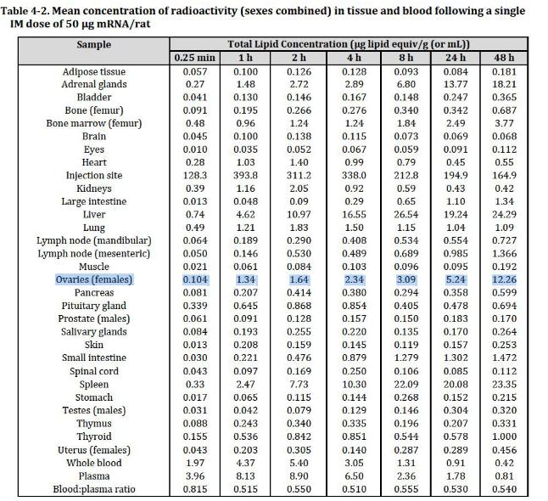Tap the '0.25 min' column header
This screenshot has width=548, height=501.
tap(195, 58)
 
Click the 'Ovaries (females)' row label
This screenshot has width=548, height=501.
tap(94, 279)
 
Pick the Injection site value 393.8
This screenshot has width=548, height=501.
tap(245, 175)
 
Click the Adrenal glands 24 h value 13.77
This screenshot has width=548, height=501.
tap(458, 84)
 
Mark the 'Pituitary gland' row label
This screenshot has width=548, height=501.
tap(94, 305)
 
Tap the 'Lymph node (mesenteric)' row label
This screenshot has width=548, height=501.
tap(94, 253)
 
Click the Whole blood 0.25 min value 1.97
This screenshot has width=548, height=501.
tap(195, 462)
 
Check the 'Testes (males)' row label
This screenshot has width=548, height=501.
tap(94, 409)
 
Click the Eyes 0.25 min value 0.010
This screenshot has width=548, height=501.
tap(195, 149)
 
